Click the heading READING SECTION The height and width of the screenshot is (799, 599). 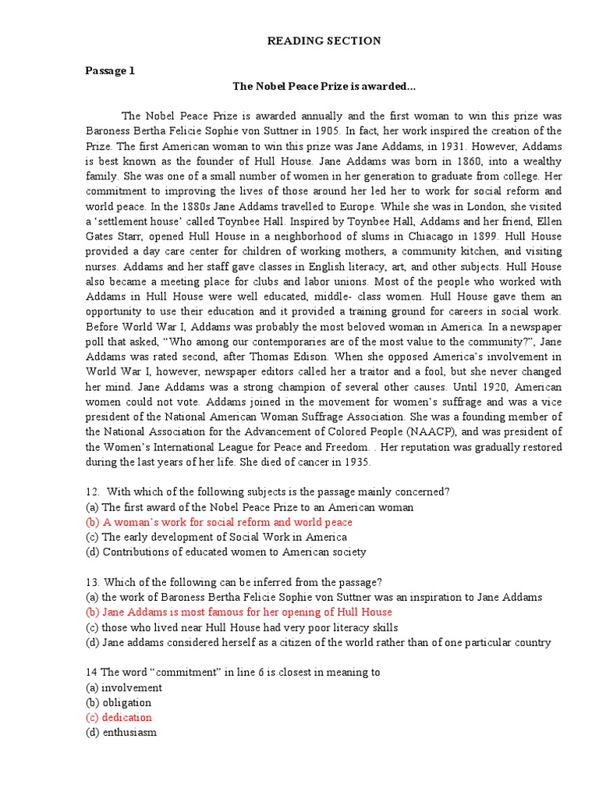coord(325,41)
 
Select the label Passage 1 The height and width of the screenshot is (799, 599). coord(110,71)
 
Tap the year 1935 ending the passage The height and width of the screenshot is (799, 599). coord(356,462)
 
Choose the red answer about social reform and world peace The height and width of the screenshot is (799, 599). coord(218,522)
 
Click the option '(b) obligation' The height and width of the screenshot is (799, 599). coord(119,702)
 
